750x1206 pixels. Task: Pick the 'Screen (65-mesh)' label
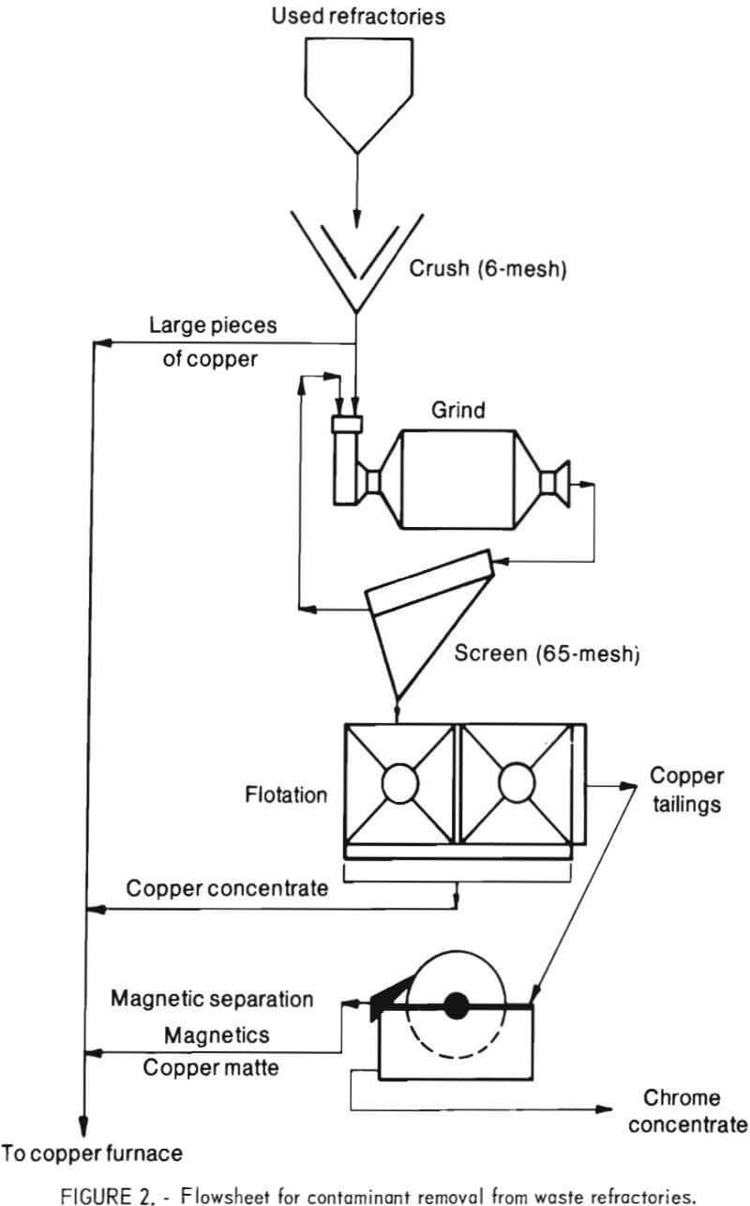(546, 652)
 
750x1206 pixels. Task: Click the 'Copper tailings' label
(686, 791)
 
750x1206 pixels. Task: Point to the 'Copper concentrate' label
(227, 887)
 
